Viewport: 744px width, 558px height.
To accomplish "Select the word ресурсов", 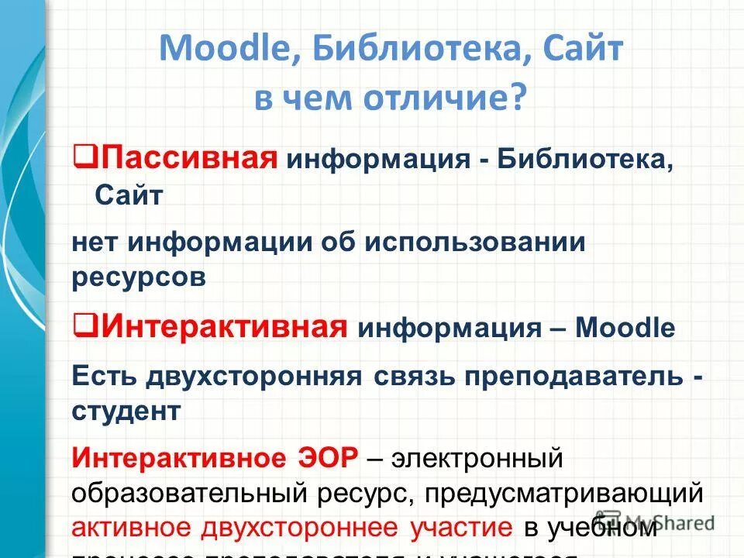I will click(x=139, y=277).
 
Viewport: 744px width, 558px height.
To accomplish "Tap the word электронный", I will click(x=476, y=457).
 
